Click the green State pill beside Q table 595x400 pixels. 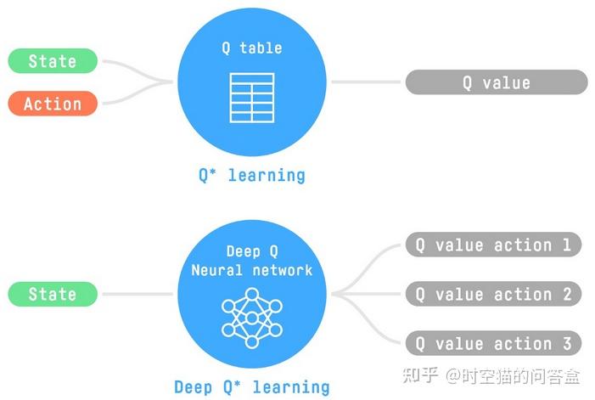click(53, 61)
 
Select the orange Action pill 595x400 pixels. click(53, 104)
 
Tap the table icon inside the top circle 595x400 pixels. click(252, 96)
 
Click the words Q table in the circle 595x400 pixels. click(252, 48)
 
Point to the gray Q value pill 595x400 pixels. click(496, 82)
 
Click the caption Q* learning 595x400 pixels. click(251, 176)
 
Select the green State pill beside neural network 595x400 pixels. click(53, 294)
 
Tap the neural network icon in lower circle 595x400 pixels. click(252, 317)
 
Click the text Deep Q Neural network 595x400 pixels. click(252, 261)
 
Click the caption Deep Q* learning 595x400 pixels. click(251, 387)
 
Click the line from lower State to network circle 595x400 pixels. click(136, 294)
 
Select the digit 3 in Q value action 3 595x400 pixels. click(566, 343)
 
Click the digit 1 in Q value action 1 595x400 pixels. click(566, 245)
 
